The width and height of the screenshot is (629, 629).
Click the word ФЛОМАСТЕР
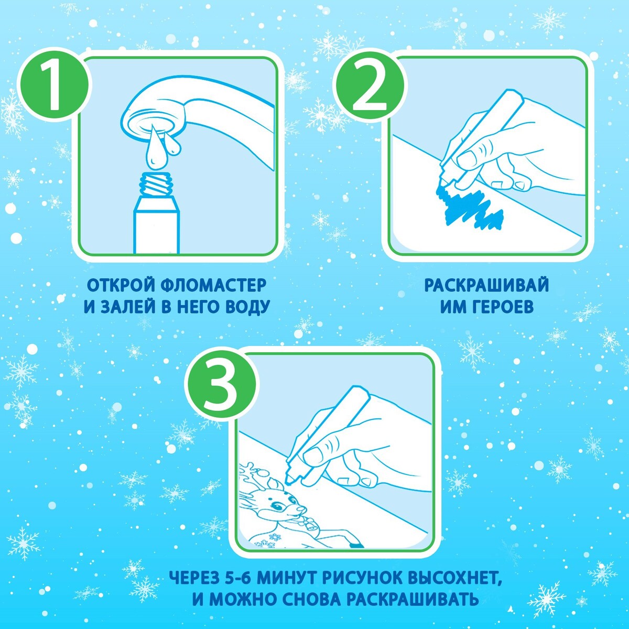point(213,286)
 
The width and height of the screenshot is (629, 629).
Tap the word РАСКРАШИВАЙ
point(486,286)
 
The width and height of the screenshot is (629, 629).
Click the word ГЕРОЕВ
point(501,307)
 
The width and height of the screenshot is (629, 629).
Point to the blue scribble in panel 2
point(470,204)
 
